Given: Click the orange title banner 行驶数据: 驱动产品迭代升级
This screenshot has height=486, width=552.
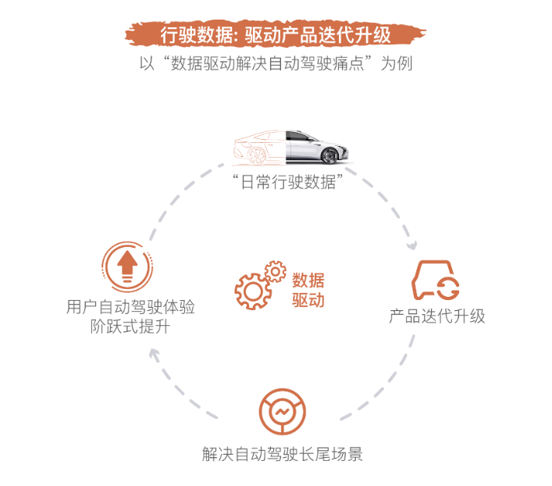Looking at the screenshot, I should [x=276, y=34].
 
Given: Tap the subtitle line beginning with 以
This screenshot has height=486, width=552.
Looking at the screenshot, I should [x=276, y=63].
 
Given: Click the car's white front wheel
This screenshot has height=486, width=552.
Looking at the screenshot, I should [x=331, y=155].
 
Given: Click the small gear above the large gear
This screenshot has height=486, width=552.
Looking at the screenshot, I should [x=275, y=271].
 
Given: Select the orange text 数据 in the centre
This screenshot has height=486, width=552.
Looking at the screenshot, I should [x=308, y=281].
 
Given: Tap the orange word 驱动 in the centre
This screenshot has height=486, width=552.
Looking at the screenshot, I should [x=308, y=301].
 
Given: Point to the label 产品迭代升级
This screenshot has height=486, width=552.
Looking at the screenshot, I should [x=437, y=316].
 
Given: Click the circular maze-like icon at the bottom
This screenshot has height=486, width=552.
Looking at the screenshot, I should [x=282, y=413].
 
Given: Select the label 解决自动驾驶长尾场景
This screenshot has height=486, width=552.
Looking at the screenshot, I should [x=282, y=454].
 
